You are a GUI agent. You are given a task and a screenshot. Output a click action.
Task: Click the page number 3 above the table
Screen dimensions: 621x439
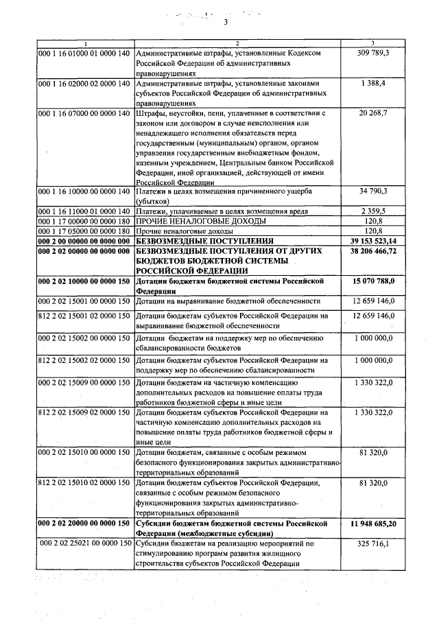[224, 22]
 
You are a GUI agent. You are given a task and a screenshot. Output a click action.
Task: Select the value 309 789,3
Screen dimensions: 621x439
[373, 53]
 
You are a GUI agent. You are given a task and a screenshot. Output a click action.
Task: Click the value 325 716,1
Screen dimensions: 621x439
[373, 544]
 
